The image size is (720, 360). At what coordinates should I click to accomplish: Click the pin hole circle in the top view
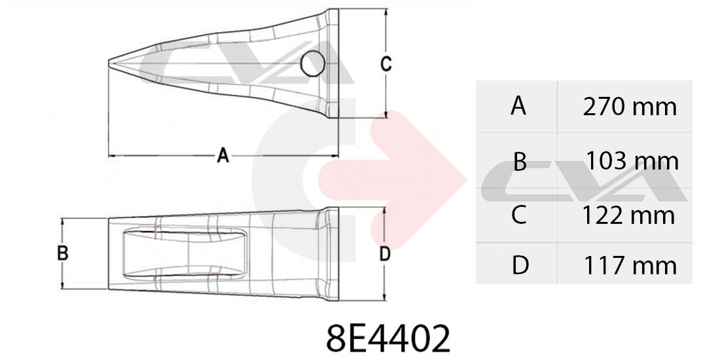click(313, 63)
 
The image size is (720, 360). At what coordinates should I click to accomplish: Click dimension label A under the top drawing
click(223, 156)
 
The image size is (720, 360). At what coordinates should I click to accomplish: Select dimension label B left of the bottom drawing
click(63, 253)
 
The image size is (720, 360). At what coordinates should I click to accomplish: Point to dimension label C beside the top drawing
click(386, 64)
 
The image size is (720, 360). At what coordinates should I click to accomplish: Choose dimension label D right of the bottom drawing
click(385, 254)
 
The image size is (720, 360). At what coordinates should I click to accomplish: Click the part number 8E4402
click(388, 338)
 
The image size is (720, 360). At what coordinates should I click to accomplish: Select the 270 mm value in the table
click(630, 107)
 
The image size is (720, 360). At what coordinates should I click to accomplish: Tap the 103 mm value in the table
click(632, 161)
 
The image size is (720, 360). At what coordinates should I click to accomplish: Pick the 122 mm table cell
click(628, 215)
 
